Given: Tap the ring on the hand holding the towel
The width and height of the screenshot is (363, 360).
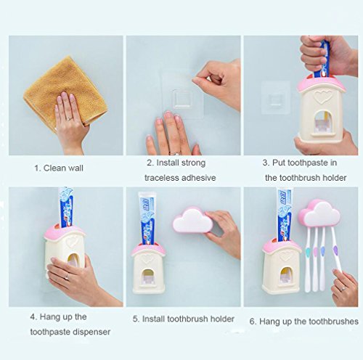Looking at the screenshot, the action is click(70, 119).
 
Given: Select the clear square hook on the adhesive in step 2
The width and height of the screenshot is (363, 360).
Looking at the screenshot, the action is click(183, 98).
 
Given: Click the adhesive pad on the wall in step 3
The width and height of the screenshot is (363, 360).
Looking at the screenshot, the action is click(276, 97).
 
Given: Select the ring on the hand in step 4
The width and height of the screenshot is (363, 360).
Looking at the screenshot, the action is click(67, 277).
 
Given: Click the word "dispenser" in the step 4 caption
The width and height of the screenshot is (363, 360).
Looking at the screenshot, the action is click(91, 332).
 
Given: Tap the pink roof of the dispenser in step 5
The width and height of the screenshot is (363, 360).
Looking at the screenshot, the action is click(148, 250).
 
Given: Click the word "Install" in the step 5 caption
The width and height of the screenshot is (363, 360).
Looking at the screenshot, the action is click(153, 319).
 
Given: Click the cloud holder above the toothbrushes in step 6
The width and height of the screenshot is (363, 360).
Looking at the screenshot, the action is click(319, 213).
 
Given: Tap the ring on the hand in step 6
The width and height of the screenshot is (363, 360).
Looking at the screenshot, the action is click(341, 289).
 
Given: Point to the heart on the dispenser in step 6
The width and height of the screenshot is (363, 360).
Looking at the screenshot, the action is click(286, 256).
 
